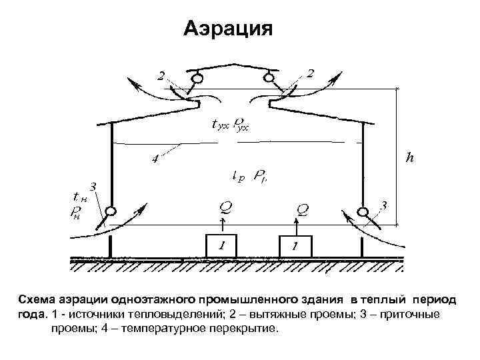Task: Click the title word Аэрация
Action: (x=228, y=29)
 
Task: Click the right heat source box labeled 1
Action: (x=295, y=246)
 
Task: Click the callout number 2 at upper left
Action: (x=161, y=75)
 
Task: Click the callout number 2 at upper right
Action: (x=311, y=73)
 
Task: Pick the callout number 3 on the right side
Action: (x=383, y=203)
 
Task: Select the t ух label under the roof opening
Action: (x=213, y=124)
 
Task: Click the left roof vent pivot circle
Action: (x=197, y=79)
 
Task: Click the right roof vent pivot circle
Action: (x=269, y=79)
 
